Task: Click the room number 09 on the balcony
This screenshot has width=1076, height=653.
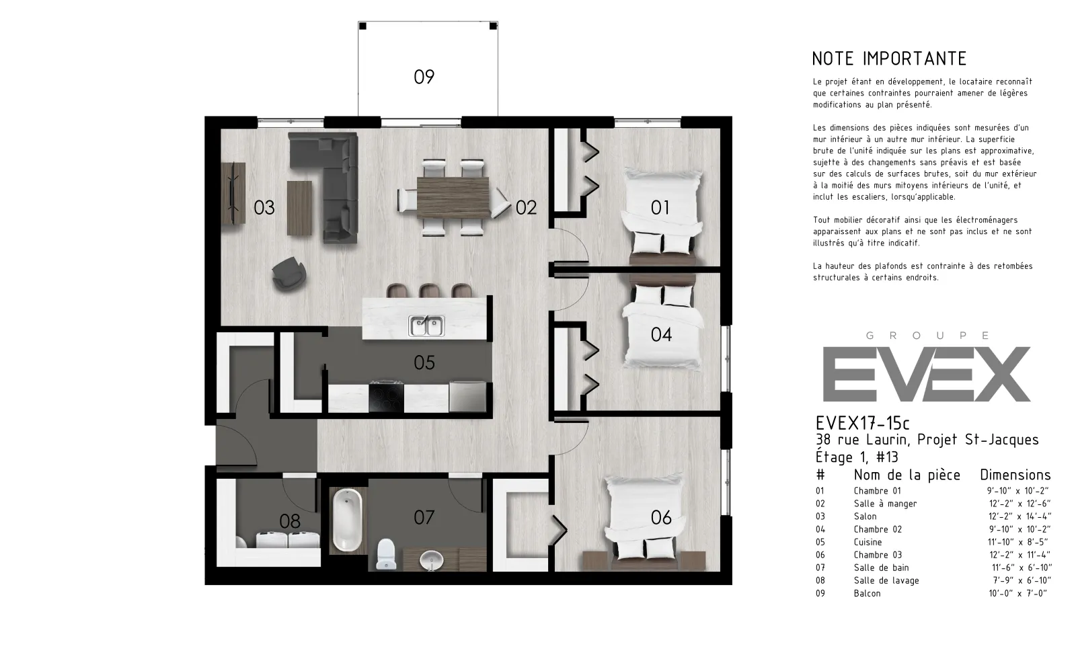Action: tap(424, 77)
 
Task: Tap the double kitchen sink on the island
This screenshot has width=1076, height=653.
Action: tap(426, 325)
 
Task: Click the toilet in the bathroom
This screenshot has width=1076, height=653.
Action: tap(386, 554)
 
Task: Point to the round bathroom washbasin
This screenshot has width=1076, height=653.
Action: tap(431, 560)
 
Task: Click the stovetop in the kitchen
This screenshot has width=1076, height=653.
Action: tap(386, 396)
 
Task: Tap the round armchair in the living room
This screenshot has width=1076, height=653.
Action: tap(289, 274)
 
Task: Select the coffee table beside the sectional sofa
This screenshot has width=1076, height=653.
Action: tap(299, 208)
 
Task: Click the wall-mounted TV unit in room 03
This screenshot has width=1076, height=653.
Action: tap(233, 193)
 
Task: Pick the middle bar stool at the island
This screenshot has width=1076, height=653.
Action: tap(429, 291)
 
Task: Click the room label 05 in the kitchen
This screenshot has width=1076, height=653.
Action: tap(424, 362)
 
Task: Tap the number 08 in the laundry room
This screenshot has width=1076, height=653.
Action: tap(290, 521)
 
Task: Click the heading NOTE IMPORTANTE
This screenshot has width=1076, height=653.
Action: tap(889, 59)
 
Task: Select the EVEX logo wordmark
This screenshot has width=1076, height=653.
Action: tap(927, 374)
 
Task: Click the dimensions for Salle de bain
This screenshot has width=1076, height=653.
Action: tap(1022, 568)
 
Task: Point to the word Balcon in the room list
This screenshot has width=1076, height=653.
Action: tap(867, 593)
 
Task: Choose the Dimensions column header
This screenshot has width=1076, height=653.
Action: tap(1015, 475)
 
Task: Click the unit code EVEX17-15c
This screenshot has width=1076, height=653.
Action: tap(863, 423)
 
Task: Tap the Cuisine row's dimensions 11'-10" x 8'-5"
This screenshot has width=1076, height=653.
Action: tap(1018, 542)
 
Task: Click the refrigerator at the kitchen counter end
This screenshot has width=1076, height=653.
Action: tap(467, 396)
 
